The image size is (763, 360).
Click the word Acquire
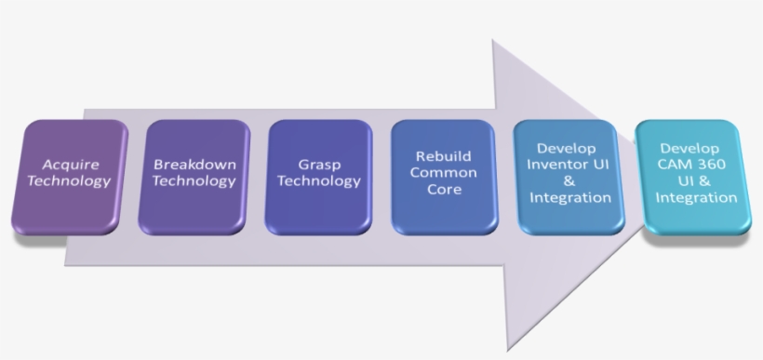pos(69,165)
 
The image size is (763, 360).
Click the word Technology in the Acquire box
pos(69,180)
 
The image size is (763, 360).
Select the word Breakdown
pos(194,165)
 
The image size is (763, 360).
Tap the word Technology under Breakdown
pos(194,180)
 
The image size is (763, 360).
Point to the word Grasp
pos(317,165)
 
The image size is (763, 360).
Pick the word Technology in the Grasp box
pos(317,180)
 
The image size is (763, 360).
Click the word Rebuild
pos(443,155)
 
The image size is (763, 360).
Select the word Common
pos(443,172)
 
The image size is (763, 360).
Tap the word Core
pos(443,189)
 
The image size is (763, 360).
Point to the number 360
pos(715,165)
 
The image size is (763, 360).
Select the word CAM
pos(678,165)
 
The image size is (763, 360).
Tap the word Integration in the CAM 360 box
pos(696,197)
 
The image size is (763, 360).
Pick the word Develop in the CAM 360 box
pos(689,149)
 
